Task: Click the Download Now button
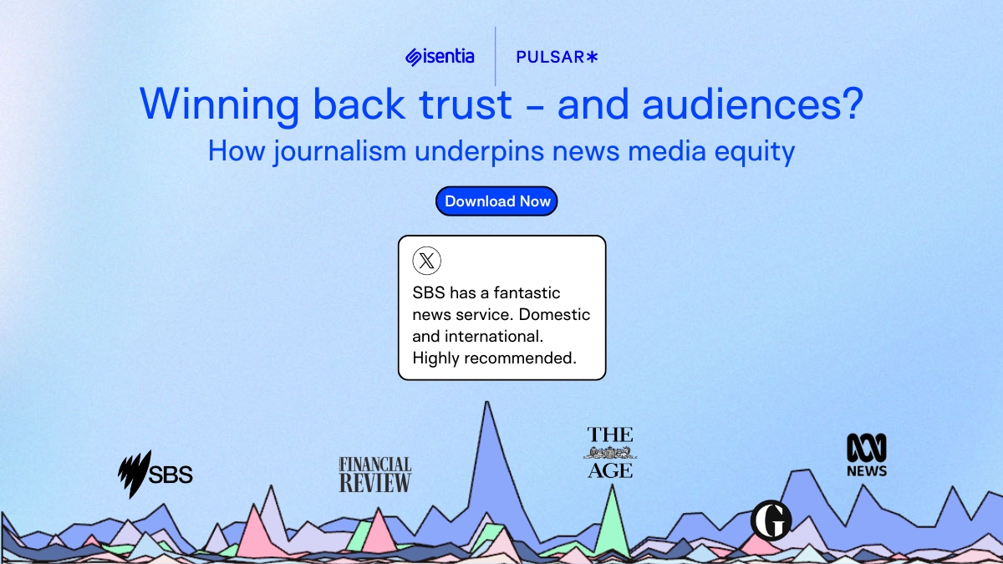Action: (x=496, y=201)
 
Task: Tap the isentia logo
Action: (x=440, y=57)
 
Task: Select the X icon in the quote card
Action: (x=427, y=261)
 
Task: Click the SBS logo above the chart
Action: (x=155, y=474)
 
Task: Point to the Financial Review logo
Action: (x=374, y=475)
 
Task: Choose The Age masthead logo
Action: (x=610, y=452)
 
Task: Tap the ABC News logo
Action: (x=867, y=455)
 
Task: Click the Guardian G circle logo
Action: (x=771, y=521)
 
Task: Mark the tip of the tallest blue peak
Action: (x=486, y=402)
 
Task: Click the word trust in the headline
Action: (x=466, y=104)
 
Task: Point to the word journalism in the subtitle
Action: (x=339, y=151)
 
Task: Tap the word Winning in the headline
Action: (x=219, y=105)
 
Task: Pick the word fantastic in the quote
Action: (x=527, y=292)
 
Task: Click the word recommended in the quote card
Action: (x=520, y=358)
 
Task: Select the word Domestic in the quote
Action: (x=554, y=315)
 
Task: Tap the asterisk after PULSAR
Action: (x=592, y=57)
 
